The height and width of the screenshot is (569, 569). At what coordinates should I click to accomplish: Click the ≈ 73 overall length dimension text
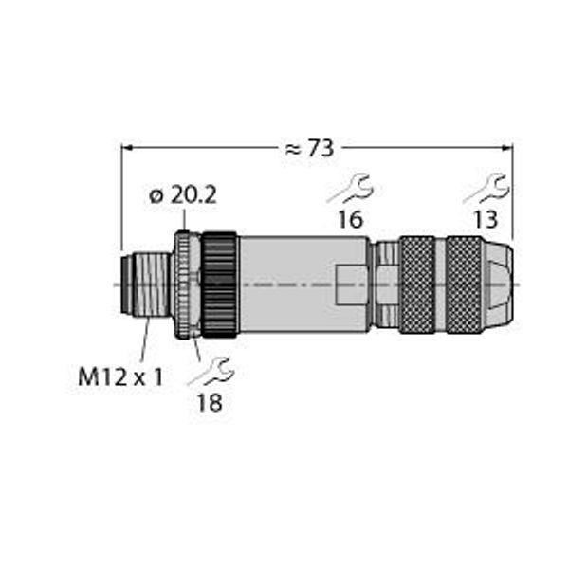coord(309,149)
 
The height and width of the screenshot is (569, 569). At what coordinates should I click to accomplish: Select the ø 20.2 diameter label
coord(183,195)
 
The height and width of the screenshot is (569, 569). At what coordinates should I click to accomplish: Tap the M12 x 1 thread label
coord(120,377)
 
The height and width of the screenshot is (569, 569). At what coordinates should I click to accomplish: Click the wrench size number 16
coord(350,219)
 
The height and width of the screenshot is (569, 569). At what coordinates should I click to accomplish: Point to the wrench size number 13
coord(486,219)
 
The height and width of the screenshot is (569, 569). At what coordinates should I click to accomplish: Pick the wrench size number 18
coord(210,402)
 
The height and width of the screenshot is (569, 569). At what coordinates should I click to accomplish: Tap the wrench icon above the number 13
coord(486,189)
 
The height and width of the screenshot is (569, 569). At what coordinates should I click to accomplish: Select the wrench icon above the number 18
coord(211,371)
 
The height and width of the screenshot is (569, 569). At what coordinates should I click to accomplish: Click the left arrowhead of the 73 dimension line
coord(126,147)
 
